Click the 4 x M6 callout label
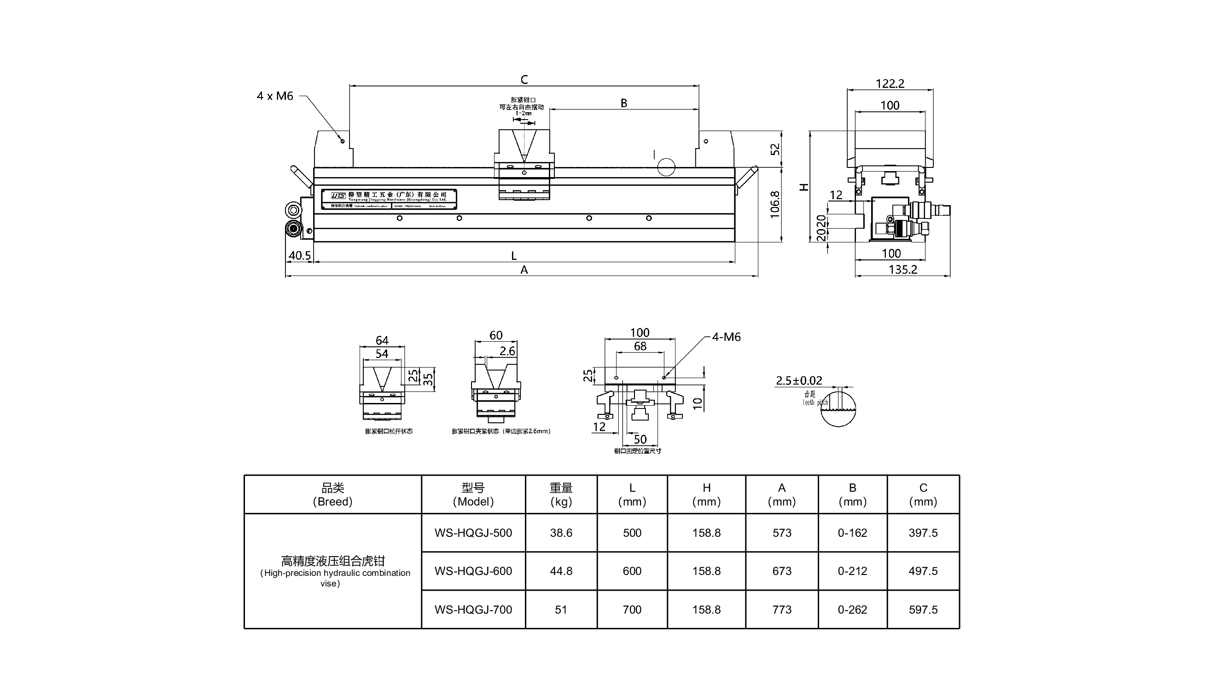[274, 96]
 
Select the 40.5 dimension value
[299, 255]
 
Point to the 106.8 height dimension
[774, 204]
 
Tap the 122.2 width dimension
[890, 83]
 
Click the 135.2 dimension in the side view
[902, 270]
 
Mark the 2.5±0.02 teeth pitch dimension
[798, 380]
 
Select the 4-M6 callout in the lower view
[726, 337]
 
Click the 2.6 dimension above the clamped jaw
[507, 351]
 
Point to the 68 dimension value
[640, 346]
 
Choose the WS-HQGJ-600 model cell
[473, 571]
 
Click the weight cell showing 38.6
[561, 533]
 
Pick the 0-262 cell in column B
[852, 609]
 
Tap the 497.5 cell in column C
[923, 571]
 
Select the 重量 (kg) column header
[561, 494]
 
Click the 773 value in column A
[782, 609]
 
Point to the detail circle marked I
[666, 167]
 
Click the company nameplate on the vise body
[389, 199]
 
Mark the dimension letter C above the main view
[524, 80]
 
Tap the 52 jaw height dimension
[775, 149]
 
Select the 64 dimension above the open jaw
[382, 340]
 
